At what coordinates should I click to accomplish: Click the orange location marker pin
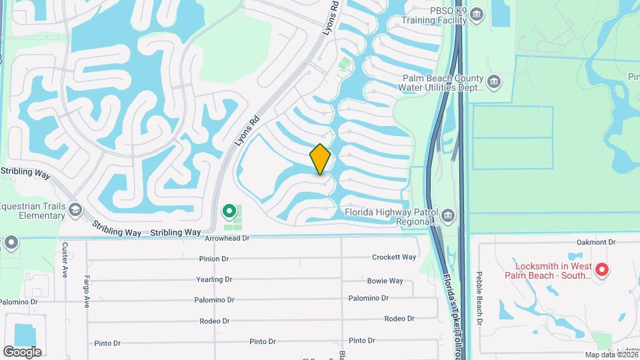321,159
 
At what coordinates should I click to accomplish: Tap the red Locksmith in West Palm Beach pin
601,270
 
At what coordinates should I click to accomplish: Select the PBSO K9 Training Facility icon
476,14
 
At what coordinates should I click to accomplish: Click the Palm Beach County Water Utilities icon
494,82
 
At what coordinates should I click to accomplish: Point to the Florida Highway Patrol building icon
449,215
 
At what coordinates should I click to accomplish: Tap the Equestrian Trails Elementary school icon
75,211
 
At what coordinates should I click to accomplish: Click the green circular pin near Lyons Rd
229,212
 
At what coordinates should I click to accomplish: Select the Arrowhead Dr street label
227,238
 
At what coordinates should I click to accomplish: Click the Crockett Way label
393,257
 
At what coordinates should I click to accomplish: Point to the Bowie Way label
385,281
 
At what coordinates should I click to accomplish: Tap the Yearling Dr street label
214,280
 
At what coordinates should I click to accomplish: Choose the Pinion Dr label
214,259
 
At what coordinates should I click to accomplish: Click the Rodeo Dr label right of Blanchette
399,319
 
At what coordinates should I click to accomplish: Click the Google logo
22,351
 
